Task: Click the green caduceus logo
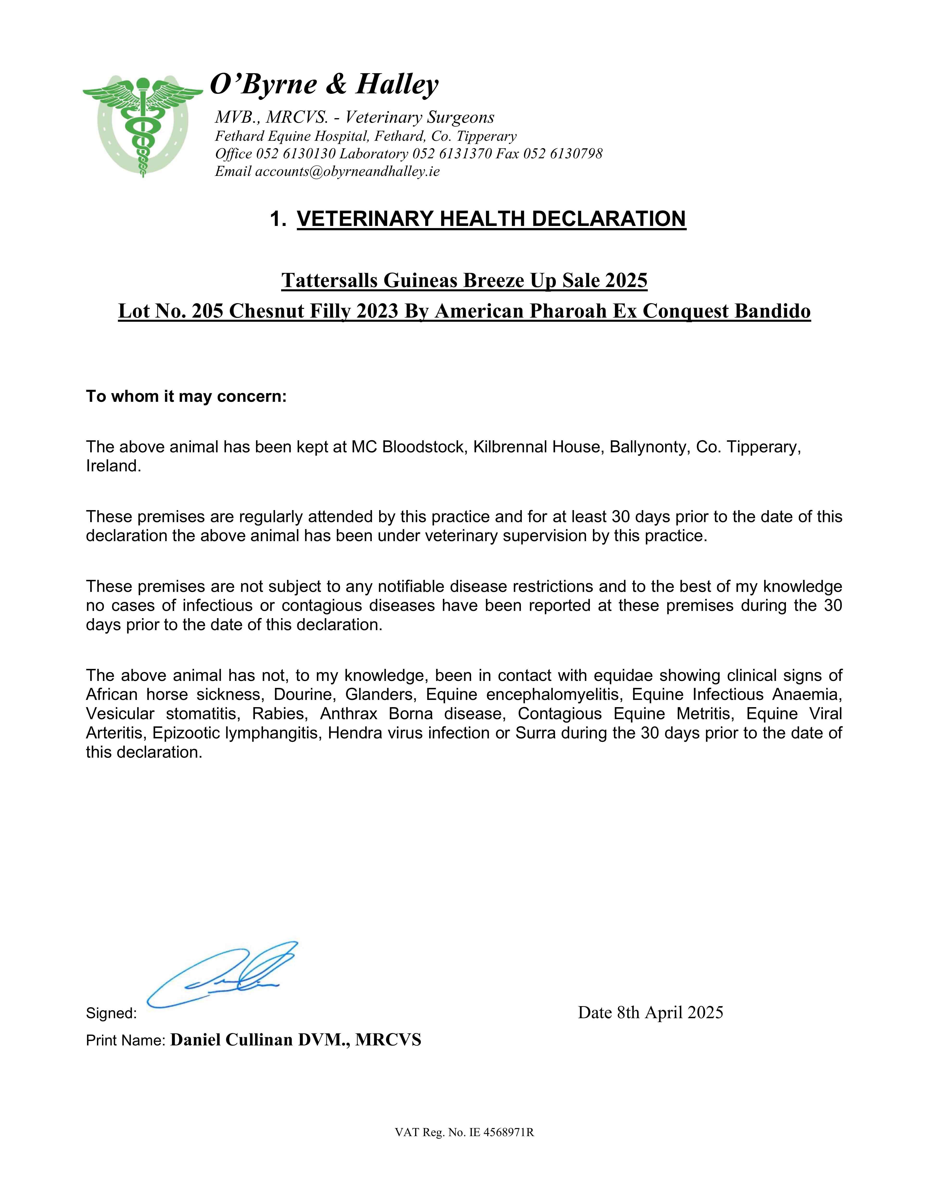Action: click(x=143, y=126)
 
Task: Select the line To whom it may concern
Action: click(x=186, y=397)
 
